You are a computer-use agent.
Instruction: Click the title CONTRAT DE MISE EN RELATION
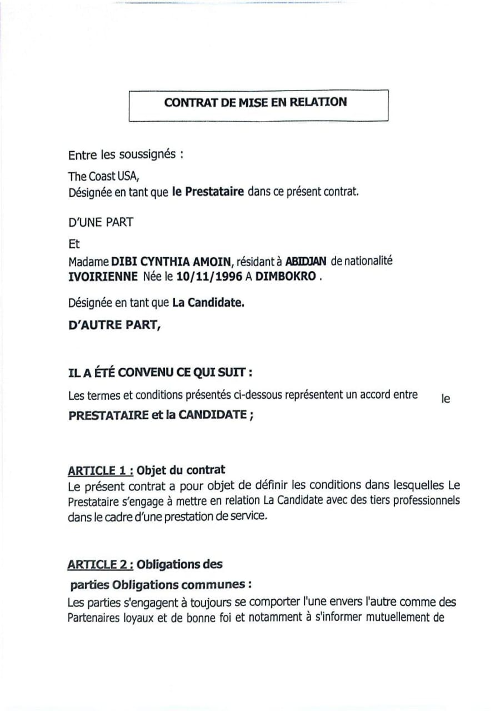coord(255,102)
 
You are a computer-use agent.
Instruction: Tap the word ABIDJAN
coord(305,262)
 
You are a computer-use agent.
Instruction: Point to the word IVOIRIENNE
coord(102,276)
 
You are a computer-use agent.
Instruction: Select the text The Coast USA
coord(101,177)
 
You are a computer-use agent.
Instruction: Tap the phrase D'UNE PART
coord(101,222)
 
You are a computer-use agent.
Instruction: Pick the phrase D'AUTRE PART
coord(114,326)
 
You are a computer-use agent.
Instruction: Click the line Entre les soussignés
coord(126,155)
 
